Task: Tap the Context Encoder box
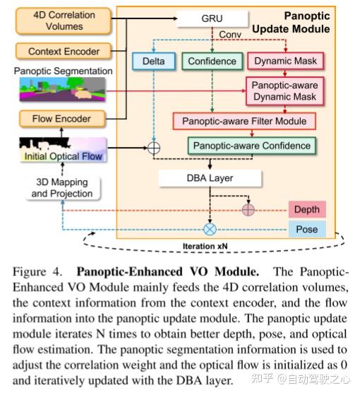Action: click(64, 52)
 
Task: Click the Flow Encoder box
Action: click(61, 117)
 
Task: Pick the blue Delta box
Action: click(154, 62)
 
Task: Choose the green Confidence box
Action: click(211, 62)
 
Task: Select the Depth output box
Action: click(306, 209)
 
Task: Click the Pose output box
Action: click(306, 229)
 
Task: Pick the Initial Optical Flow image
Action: click(63, 150)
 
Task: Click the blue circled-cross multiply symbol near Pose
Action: click(210, 230)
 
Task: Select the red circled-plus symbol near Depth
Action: click(247, 210)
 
